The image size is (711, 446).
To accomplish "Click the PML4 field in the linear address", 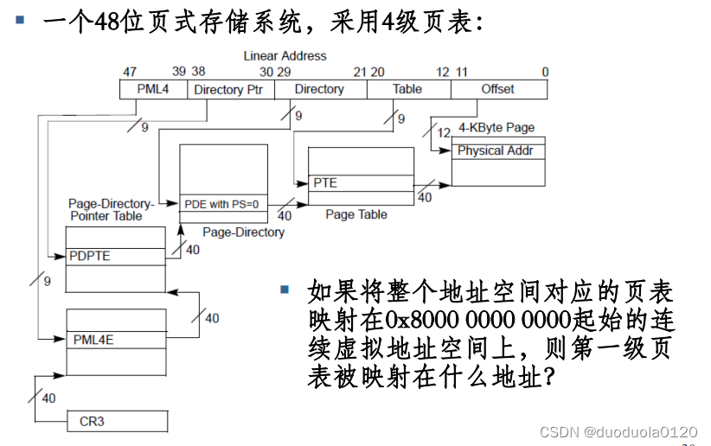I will (x=153, y=89).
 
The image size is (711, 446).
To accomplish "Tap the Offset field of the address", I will (x=497, y=89).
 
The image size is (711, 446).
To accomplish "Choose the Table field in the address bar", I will (x=407, y=89).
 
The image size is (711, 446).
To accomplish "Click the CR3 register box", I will (x=117, y=422).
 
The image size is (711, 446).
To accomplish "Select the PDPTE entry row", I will (x=115, y=257).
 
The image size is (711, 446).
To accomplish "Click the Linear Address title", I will (x=285, y=55).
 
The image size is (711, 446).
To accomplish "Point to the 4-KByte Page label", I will (x=496, y=128).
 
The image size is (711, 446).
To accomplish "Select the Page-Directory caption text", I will (x=243, y=232).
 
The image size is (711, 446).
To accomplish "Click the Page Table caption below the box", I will (x=356, y=214).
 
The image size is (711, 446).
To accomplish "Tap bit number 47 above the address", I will (x=130, y=72).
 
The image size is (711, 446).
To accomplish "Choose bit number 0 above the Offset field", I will (x=544, y=72).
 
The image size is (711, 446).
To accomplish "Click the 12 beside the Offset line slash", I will (x=444, y=132).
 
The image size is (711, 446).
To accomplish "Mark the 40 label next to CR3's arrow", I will (x=48, y=398).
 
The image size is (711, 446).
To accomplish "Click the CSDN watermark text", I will (x=618, y=431).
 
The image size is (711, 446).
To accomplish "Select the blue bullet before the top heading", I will (x=19, y=16).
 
